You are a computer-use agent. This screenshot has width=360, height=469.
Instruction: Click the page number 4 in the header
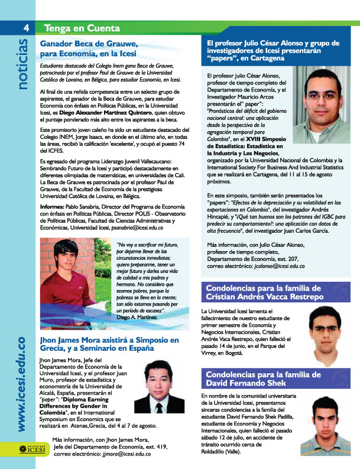coord(26,27)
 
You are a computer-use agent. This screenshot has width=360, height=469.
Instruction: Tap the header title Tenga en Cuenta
coord(74,28)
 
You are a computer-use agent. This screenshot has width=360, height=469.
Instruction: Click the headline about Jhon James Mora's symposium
coord(109,344)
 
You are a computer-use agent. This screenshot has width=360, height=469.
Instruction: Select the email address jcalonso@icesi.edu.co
coord(277,266)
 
